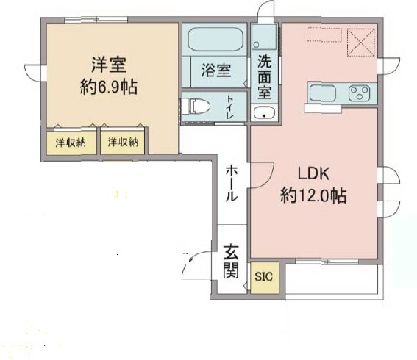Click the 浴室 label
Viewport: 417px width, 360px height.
(215, 71)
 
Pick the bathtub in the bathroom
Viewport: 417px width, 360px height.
(215, 38)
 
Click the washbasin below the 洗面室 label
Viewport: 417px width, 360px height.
(264, 112)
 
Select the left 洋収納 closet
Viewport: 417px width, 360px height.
(70, 142)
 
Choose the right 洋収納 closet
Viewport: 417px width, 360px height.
(123, 142)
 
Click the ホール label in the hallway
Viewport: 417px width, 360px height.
(230, 183)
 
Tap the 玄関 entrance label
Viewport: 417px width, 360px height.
(230, 264)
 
